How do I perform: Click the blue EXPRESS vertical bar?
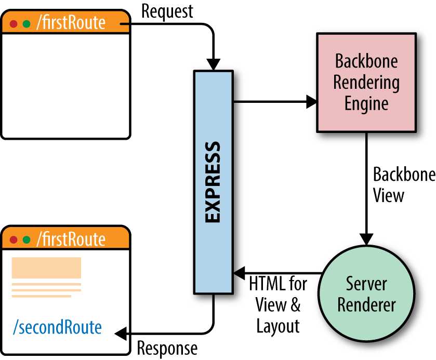214,182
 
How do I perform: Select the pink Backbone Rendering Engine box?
366,83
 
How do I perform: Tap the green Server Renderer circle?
366,294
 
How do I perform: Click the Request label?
167,11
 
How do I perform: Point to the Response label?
167,348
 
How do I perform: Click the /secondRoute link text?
57,327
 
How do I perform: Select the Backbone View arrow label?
403,185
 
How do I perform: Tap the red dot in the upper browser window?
14,24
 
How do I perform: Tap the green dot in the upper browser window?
26,24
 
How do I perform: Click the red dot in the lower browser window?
14,240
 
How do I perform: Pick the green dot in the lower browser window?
26,240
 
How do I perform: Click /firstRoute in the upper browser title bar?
71,23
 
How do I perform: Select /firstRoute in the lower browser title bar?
71,239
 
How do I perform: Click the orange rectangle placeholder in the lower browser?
46,268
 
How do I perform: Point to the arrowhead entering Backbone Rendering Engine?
312,102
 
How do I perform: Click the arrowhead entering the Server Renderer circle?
366,239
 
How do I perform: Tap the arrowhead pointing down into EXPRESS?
214,64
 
